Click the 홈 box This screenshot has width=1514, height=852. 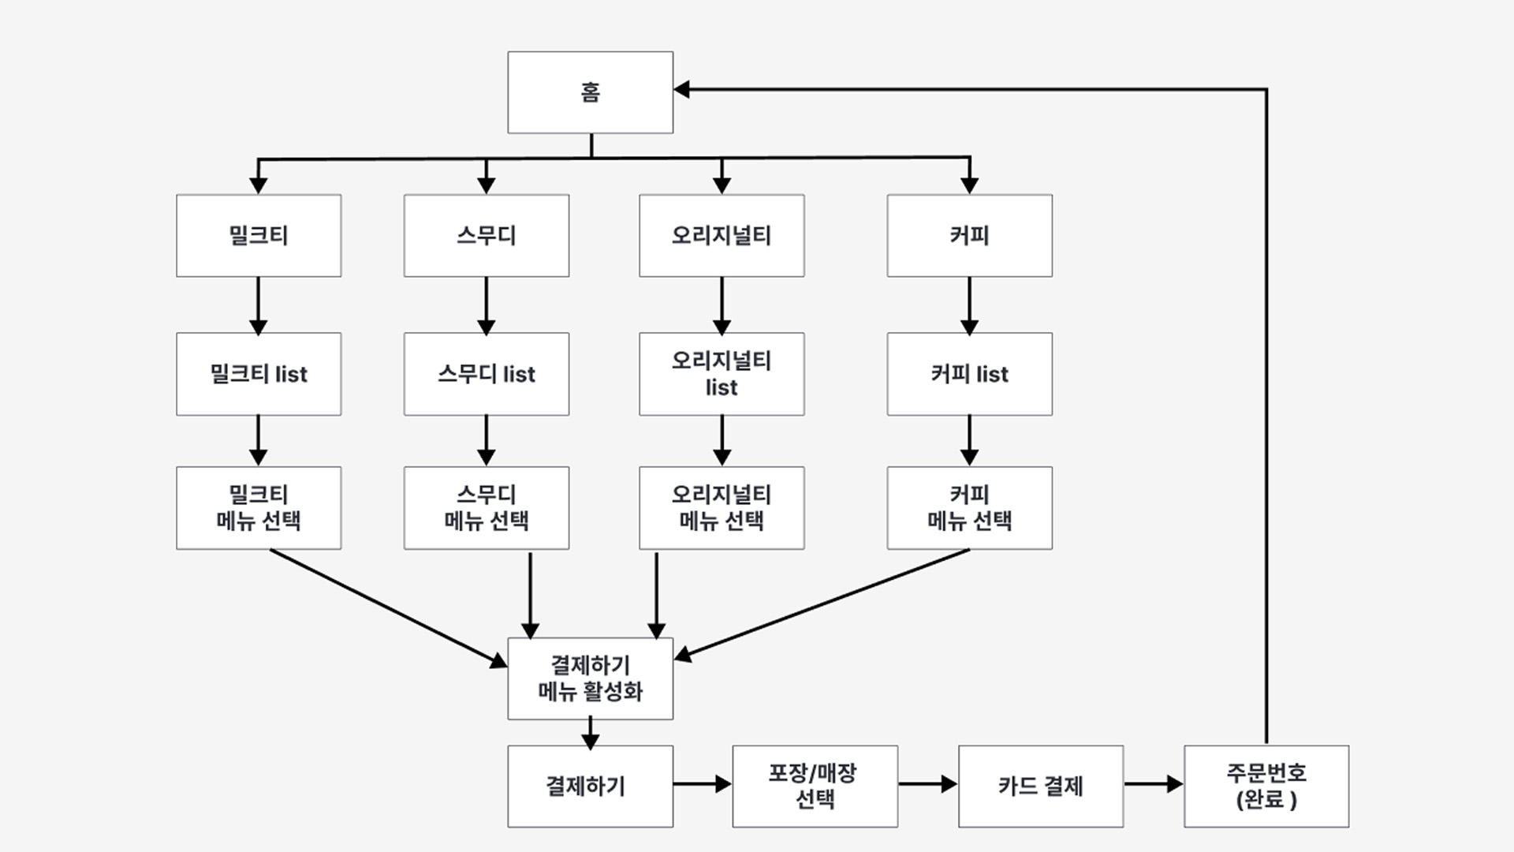[590, 92]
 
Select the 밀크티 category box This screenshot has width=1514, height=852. [259, 235]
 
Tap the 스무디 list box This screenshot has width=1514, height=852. [486, 374]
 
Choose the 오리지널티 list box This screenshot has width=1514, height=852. [722, 374]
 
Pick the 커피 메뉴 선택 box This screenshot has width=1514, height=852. [969, 507]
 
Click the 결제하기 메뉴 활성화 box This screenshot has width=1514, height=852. [590, 678]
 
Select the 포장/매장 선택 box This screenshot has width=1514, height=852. [815, 786]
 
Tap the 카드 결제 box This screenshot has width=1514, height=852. [1040, 786]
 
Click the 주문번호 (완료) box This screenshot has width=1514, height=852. [1266, 786]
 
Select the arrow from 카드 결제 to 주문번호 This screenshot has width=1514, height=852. [1153, 784]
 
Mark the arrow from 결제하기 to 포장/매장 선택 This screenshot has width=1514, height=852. [702, 784]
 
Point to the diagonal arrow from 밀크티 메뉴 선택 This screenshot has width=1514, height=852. [386, 607]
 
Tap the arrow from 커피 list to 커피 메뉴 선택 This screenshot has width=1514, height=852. [969, 440]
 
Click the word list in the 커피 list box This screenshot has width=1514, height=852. [992, 374]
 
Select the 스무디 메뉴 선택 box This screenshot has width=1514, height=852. [486, 507]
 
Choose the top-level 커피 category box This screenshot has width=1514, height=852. [969, 235]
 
